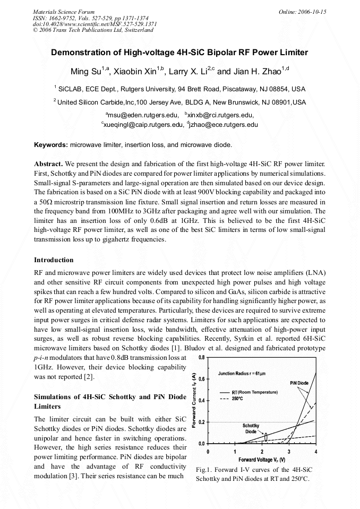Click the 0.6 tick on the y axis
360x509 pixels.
(202, 378)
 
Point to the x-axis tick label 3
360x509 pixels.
(289, 452)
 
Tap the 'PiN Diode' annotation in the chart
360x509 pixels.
(299, 383)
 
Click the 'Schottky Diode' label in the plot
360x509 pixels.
(251, 428)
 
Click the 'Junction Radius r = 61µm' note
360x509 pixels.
(242, 374)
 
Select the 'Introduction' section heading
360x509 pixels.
(54, 260)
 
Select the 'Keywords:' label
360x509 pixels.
(51, 144)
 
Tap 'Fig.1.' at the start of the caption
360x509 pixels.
(204, 470)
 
